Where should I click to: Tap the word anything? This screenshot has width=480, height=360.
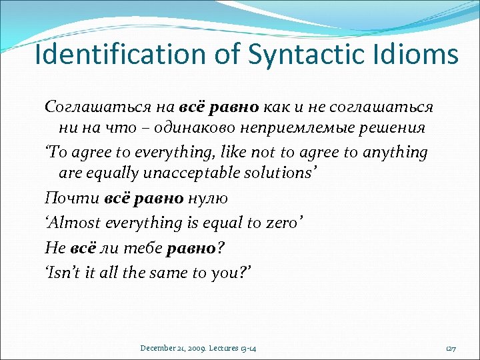(395, 152)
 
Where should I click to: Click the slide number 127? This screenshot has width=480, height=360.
(450, 348)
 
